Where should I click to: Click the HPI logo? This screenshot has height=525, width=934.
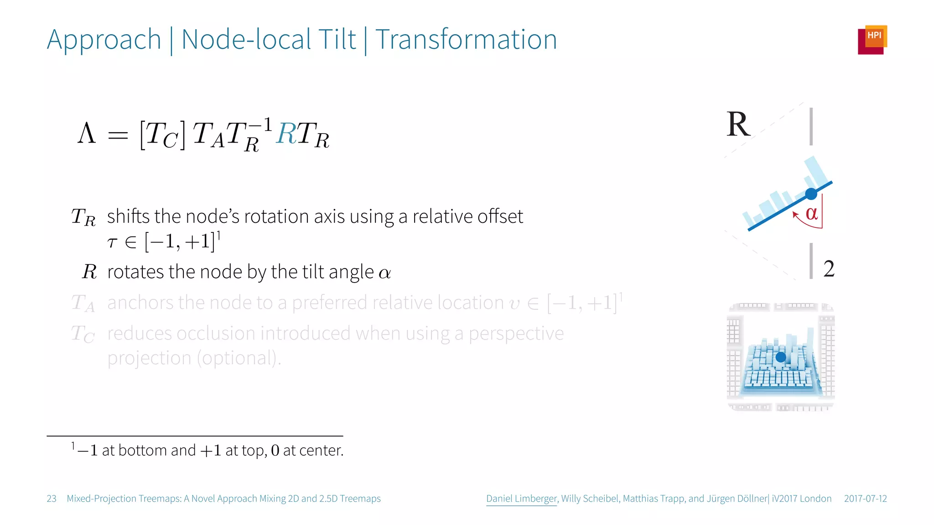pyautogui.click(x=872, y=40)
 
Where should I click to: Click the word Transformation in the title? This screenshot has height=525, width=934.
pyautogui.click(x=466, y=40)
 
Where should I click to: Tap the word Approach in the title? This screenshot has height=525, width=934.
pyautogui.click(x=104, y=40)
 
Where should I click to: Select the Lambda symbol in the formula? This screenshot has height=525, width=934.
pyautogui.click(x=87, y=134)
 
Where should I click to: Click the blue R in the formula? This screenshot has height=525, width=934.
pyautogui.click(x=286, y=134)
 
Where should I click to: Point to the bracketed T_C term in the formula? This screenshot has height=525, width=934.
pyautogui.click(x=162, y=135)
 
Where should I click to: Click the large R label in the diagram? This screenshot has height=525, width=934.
pyautogui.click(x=738, y=124)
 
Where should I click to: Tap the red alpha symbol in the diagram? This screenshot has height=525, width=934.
pyautogui.click(x=811, y=213)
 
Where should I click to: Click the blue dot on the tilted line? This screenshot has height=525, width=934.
pyautogui.click(x=811, y=194)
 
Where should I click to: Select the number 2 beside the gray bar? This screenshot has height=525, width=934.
pyautogui.click(x=829, y=269)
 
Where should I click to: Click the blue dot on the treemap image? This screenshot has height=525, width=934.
pyautogui.click(x=781, y=357)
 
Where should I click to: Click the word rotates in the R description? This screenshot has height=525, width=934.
pyautogui.click(x=135, y=272)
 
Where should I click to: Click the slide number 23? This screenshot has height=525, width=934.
pyautogui.click(x=52, y=499)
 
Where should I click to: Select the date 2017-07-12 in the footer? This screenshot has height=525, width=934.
pyautogui.click(x=865, y=499)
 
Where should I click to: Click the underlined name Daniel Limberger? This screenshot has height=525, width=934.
pyautogui.click(x=521, y=499)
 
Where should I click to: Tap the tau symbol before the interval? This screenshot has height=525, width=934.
pyautogui.click(x=112, y=242)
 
